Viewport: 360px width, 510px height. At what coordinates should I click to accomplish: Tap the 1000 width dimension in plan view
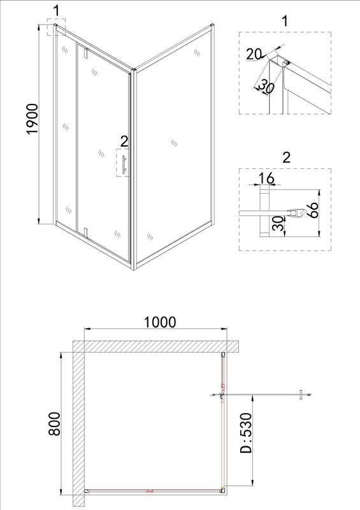(x=159, y=322)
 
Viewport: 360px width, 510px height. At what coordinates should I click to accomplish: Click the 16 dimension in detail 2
(x=268, y=178)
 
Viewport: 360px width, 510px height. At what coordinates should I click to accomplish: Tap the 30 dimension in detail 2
(x=277, y=224)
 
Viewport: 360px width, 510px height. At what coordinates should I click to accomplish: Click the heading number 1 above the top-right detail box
(x=285, y=20)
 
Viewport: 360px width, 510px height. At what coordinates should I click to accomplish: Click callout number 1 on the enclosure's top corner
(x=57, y=10)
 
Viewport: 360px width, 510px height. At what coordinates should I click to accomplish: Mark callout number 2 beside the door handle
(x=124, y=140)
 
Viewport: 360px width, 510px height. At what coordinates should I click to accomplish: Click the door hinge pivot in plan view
(x=221, y=396)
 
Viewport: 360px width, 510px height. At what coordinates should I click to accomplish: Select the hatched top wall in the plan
(x=156, y=347)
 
